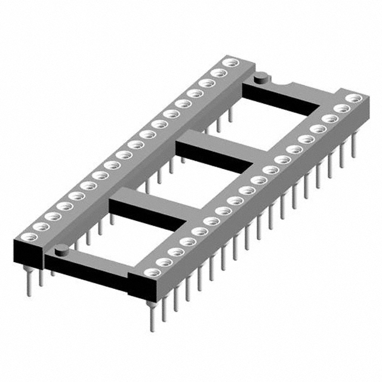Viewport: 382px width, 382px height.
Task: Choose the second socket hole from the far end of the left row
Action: (x=217, y=73)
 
